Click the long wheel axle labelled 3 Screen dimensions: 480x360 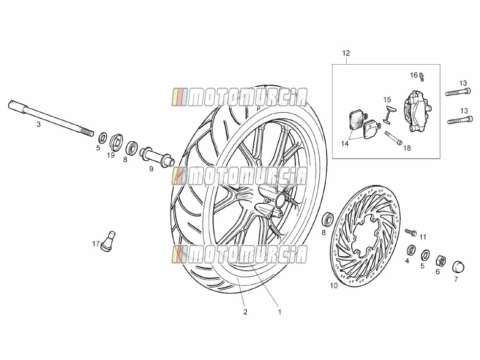tap(51, 119)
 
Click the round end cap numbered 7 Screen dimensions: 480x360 tap(458, 266)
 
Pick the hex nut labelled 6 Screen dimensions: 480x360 tap(440, 261)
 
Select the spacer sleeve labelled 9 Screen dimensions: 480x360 tap(157, 157)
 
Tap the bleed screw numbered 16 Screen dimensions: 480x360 tap(422, 76)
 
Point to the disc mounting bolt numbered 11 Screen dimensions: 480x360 tap(411, 232)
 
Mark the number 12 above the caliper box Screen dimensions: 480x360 tap(346, 53)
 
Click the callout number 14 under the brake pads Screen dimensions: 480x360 tap(345, 143)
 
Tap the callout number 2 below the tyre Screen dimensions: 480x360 tap(245, 312)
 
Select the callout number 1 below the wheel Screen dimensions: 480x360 tap(280, 312)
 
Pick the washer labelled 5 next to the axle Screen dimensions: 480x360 tap(103, 138)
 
